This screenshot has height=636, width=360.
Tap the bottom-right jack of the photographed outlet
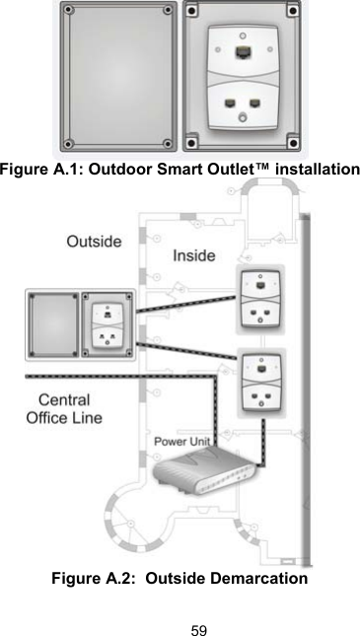click(255, 103)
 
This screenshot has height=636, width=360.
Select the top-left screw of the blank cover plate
click(69, 13)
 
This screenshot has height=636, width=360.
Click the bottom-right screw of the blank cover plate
click(167, 145)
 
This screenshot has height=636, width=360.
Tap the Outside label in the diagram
click(94, 241)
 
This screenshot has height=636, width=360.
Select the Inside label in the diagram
click(194, 255)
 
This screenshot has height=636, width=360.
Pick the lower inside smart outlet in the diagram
click(262, 383)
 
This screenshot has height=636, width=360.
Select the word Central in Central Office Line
click(62, 400)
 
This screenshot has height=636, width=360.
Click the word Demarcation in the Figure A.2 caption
click(257, 577)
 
